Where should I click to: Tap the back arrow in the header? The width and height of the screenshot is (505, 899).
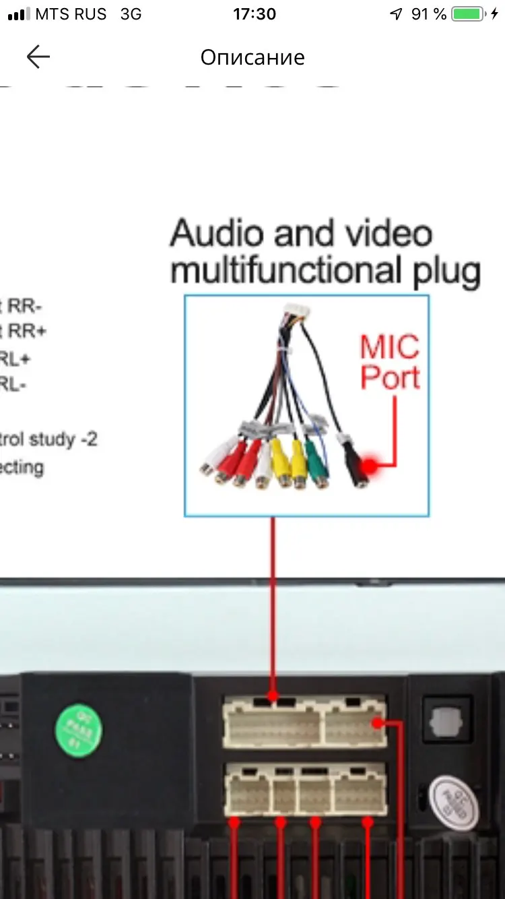click(38, 57)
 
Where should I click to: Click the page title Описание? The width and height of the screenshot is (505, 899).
click(252, 57)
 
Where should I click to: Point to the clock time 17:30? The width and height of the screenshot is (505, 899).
click(255, 14)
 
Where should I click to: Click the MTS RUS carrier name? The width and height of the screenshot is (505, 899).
click(71, 14)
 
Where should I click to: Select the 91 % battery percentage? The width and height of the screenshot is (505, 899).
click(428, 14)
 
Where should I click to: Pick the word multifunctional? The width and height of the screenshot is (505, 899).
click(281, 271)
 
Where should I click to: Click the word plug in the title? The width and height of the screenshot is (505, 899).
click(442, 271)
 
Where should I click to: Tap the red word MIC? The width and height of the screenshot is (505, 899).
click(390, 347)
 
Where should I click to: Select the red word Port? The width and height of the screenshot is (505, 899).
click(390, 377)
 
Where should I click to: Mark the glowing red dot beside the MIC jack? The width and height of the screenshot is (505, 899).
click(370, 466)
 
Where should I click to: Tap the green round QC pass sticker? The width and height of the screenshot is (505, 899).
click(79, 730)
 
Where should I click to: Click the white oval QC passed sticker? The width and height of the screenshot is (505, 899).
click(453, 802)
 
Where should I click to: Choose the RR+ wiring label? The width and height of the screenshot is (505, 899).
click(26, 332)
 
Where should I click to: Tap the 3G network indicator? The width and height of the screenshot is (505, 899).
click(131, 14)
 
